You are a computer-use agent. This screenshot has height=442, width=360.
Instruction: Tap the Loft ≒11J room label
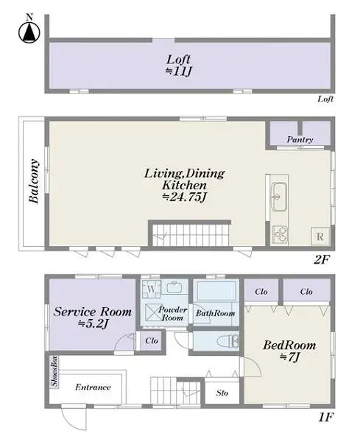[180, 65]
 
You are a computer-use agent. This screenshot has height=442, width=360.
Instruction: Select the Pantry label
[300, 139]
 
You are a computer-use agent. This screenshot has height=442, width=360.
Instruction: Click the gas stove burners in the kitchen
[280, 234]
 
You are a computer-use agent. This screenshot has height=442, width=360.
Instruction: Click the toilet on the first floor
[229, 340]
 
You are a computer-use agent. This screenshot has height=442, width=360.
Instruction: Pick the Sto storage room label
[222, 393]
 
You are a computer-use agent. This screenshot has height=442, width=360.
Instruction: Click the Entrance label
[93, 387]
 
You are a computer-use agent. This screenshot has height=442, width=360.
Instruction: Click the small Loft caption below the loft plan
[325, 99]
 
